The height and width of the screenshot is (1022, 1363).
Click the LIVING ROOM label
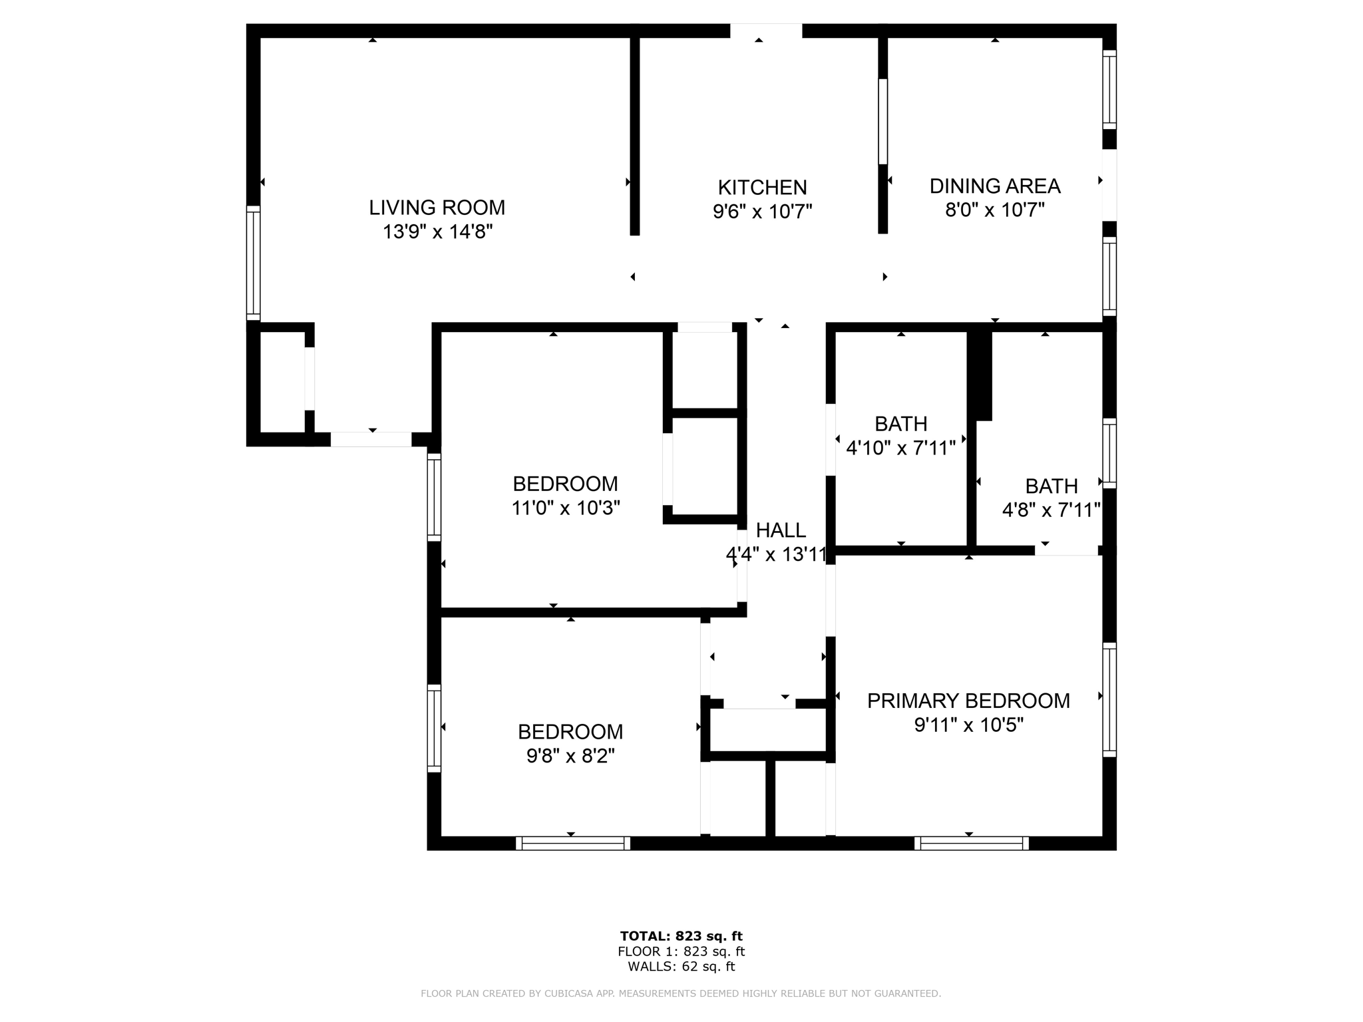(x=437, y=208)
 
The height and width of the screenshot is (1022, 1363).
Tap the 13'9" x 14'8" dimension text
(x=437, y=232)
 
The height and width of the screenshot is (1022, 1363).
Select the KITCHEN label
(x=762, y=187)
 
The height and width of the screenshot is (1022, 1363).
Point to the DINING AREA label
(x=994, y=186)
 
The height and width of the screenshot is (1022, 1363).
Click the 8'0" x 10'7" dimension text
(x=994, y=210)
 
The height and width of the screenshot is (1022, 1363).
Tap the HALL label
(x=781, y=530)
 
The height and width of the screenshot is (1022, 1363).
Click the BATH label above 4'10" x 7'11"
(x=900, y=424)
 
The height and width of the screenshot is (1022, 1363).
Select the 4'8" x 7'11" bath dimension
(x=1051, y=510)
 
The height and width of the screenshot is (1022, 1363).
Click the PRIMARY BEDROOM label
(x=968, y=701)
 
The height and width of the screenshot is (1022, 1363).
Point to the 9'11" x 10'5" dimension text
(x=968, y=725)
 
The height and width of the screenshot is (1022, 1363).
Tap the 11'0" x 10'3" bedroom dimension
(x=566, y=508)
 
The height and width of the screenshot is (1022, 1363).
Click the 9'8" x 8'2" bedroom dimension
(x=570, y=756)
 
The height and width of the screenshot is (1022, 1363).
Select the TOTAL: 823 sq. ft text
(x=681, y=936)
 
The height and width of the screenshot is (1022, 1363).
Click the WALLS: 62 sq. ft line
(x=681, y=967)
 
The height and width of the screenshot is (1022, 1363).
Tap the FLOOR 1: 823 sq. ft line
(x=681, y=951)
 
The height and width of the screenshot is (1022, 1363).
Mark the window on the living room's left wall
(x=253, y=263)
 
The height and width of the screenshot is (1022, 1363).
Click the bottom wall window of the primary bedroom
(x=971, y=844)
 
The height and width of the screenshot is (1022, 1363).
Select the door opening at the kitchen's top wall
(x=766, y=31)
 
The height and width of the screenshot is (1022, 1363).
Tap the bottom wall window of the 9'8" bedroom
(x=572, y=844)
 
